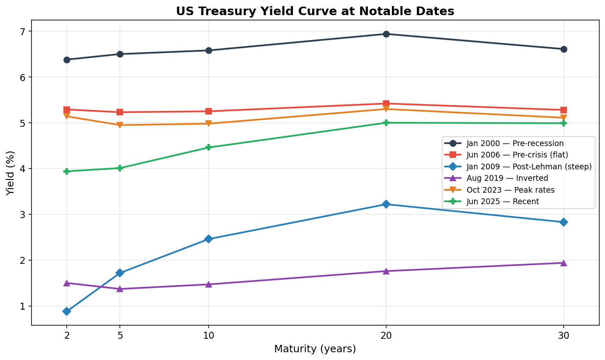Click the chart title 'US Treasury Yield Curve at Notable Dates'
click(315, 11)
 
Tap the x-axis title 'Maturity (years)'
click(315, 349)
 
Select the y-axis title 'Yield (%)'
click(11, 173)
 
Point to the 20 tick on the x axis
click(386, 336)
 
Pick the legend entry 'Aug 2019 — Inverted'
click(507, 178)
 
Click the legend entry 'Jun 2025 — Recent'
click(502, 202)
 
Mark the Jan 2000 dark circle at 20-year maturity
click(386, 34)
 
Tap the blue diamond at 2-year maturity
click(67, 311)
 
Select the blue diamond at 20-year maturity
click(386, 204)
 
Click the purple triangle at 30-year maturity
click(564, 263)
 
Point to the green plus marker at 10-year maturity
click(209, 148)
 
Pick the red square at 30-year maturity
click(564, 110)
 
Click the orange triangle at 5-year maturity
click(120, 125)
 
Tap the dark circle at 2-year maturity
click(67, 60)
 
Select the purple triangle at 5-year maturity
click(120, 289)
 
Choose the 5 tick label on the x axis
click(120, 336)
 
